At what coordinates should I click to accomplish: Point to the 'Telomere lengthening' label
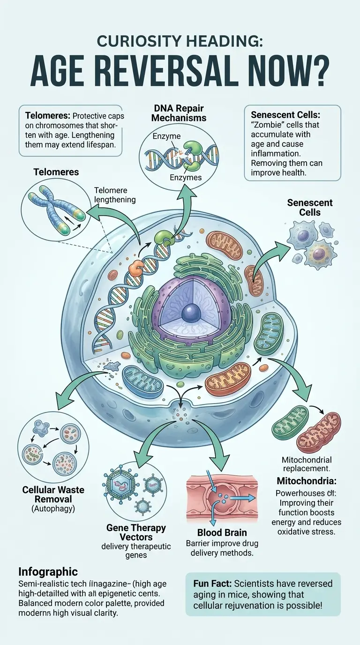tap(115, 195)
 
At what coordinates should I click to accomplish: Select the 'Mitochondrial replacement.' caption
tap(307, 464)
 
